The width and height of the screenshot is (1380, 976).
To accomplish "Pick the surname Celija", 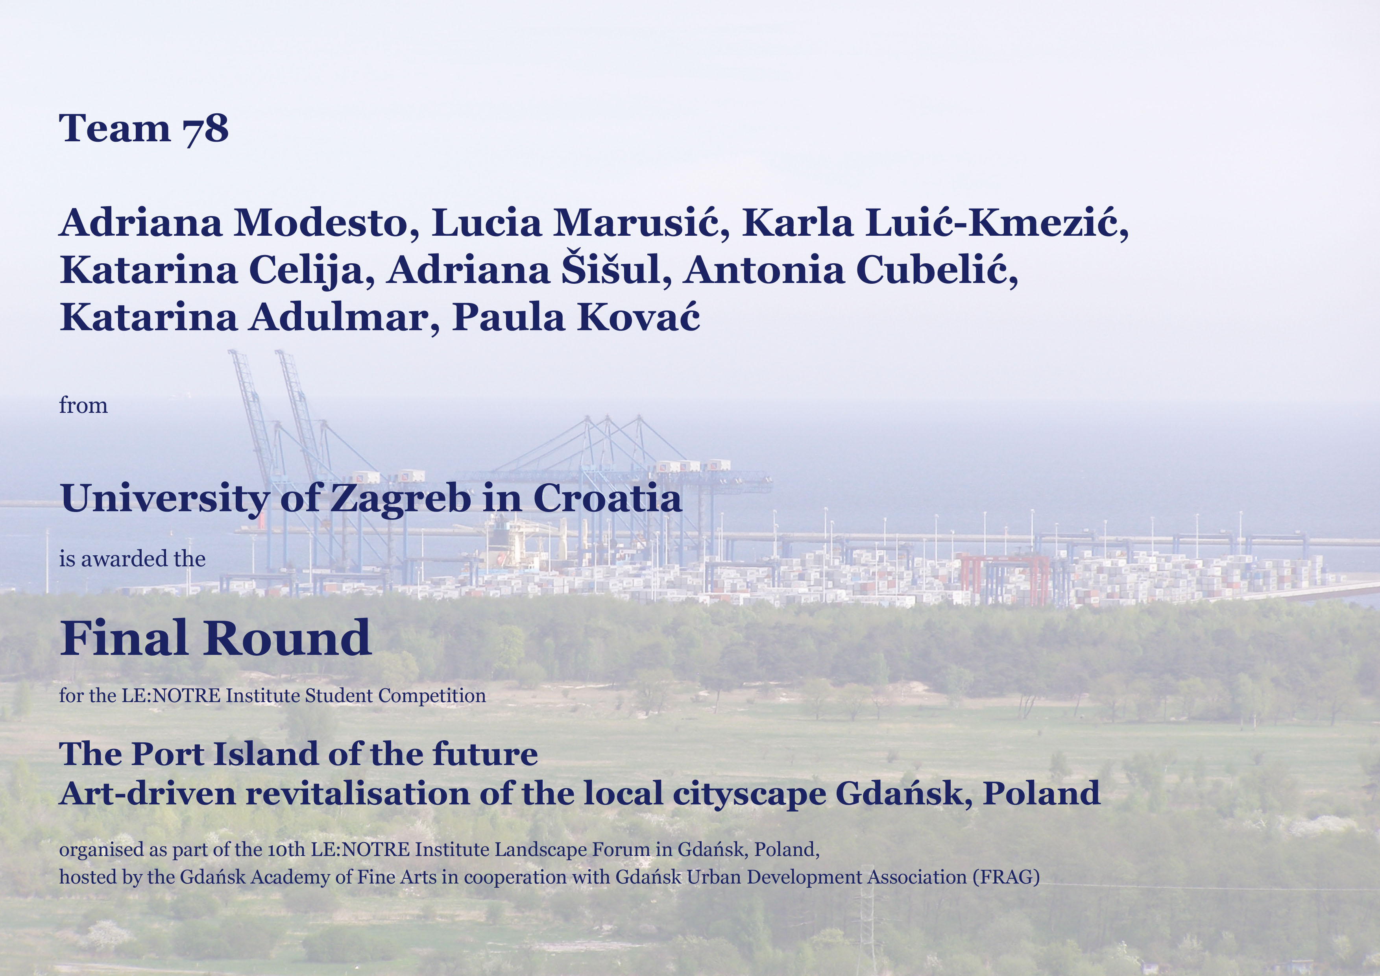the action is (x=312, y=270).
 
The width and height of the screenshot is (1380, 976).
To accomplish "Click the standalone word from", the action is (x=83, y=406).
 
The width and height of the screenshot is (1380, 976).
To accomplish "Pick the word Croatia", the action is (x=608, y=498).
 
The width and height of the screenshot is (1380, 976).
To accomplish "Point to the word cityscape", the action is (x=749, y=795).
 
